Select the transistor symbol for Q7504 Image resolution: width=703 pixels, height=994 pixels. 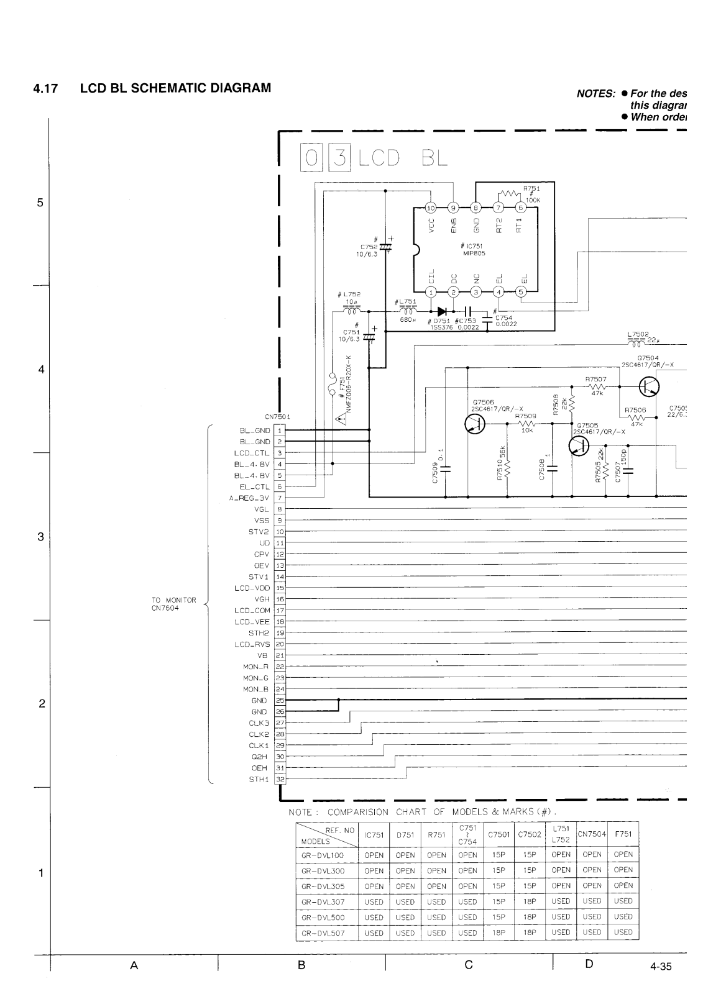pyautogui.click(x=650, y=387)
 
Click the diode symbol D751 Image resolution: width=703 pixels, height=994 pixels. pyautogui.click(x=442, y=311)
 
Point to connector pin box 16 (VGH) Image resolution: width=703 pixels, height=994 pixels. pyautogui.click(x=280, y=599)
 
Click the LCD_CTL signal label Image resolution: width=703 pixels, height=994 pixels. pyautogui.click(x=252, y=453)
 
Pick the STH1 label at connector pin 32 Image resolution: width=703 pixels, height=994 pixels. pyautogui.click(x=258, y=779)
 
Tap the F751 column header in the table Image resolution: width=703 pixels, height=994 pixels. pyautogui.click(x=623, y=834)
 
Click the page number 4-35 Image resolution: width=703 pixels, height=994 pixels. pyautogui.click(x=661, y=966)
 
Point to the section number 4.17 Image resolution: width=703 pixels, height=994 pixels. pyautogui.click(x=45, y=88)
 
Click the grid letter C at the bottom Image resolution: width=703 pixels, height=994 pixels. pyautogui.click(x=469, y=965)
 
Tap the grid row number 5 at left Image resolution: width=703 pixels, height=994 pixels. pyautogui.click(x=40, y=203)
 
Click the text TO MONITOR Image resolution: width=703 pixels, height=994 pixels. pyautogui.click(x=174, y=600)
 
